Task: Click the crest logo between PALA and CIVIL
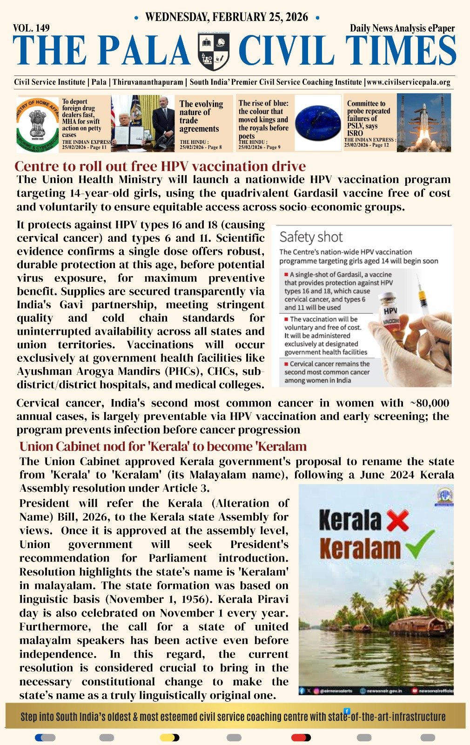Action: [x=214, y=52]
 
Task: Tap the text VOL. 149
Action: [x=31, y=28]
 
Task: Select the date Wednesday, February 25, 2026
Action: [x=227, y=17]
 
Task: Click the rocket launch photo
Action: [x=423, y=122]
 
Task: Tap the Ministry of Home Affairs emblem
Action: [x=39, y=123]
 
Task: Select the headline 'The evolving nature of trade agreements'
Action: [x=201, y=116]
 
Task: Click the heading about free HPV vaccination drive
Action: [x=160, y=166]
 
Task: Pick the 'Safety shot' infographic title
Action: [x=311, y=237]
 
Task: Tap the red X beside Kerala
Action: [x=397, y=521]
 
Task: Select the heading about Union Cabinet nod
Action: [x=163, y=447]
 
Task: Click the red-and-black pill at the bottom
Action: [x=301, y=738]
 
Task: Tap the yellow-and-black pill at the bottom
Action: [x=169, y=738]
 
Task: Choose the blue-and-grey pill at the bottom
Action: [x=45, y=738]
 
